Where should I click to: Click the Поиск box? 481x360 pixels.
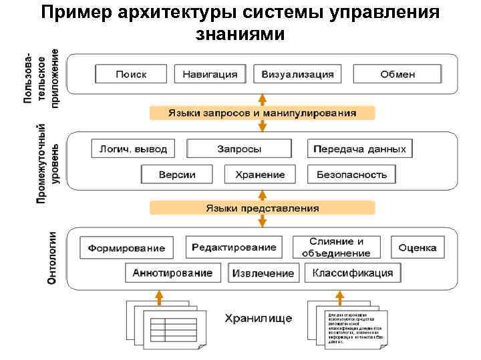[131, 74]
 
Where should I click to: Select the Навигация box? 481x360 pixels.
[210, 74]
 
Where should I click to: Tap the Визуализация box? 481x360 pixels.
[297, 74]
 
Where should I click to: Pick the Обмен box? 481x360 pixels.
[397, 74]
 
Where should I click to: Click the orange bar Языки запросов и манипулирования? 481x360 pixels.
[262, 113]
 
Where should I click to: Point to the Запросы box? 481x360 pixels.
[239, 149]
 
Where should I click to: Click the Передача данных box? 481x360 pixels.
[359, 149]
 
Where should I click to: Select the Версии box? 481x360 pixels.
[177, 175]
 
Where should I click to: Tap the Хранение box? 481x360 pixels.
[260, 175]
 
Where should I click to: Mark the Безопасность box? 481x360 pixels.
[351, 175]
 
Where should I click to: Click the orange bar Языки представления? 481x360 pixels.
[262, 208]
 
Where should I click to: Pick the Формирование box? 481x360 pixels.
[127, 248]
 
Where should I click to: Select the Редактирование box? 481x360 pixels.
[234, 247]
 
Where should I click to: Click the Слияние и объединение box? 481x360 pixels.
[336, 247]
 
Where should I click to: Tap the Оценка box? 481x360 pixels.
[418, 247]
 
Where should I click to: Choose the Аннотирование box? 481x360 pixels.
[173, 273]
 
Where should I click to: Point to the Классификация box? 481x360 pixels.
[353, 273]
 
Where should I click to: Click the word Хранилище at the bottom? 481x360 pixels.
[258, 318]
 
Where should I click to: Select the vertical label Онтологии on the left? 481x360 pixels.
[51, 259]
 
